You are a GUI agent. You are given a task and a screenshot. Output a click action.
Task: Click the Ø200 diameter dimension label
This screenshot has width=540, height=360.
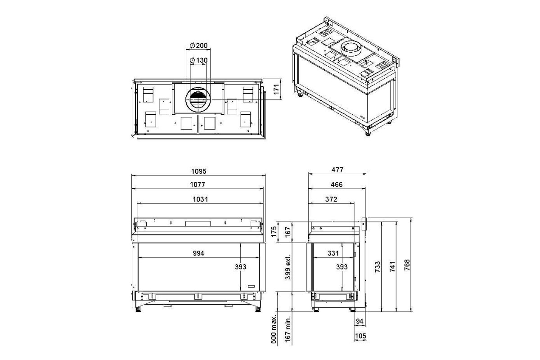tap(198, 45)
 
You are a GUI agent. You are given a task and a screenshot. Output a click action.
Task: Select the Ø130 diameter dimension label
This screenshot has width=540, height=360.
tap(198, 60)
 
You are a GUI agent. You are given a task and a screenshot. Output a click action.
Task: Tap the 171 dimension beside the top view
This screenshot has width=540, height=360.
tap(276, 89)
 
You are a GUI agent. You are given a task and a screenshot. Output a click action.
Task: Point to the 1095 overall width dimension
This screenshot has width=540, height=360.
tap(199, 171)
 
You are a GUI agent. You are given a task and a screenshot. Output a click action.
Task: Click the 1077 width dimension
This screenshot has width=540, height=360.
tap(198, 184)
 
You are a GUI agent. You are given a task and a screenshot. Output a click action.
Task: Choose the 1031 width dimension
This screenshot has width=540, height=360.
tap(200, 199)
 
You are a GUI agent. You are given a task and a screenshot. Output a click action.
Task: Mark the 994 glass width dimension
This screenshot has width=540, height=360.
tap(198, 253)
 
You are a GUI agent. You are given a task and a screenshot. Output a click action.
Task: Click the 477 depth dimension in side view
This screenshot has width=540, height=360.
tap(337, 170)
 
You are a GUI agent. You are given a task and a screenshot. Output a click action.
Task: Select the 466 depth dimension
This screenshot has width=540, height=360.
tap(337, 184)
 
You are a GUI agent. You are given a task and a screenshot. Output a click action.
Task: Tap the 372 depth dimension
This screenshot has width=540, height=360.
tap(331, 199)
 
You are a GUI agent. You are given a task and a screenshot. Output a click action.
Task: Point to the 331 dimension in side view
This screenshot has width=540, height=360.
tap(333, 253)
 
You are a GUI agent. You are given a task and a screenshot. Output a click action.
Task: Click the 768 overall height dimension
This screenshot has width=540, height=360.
tap(407, 265)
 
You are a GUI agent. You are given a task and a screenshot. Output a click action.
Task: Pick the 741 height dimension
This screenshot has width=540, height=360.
tap(392, 266)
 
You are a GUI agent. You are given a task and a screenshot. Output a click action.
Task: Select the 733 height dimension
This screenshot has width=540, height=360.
tap(378, 266)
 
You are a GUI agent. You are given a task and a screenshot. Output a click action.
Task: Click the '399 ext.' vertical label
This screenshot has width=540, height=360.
tap(288, 267)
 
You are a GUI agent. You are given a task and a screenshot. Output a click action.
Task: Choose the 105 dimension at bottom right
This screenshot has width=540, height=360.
tap(360, 336)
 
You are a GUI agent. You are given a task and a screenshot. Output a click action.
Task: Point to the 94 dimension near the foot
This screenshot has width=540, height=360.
tap(360, 321)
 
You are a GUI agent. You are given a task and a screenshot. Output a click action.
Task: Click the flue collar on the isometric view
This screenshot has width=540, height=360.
tap(351, 48)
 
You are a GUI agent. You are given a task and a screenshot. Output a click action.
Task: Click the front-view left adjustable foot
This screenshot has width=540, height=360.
tap(138, 309)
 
